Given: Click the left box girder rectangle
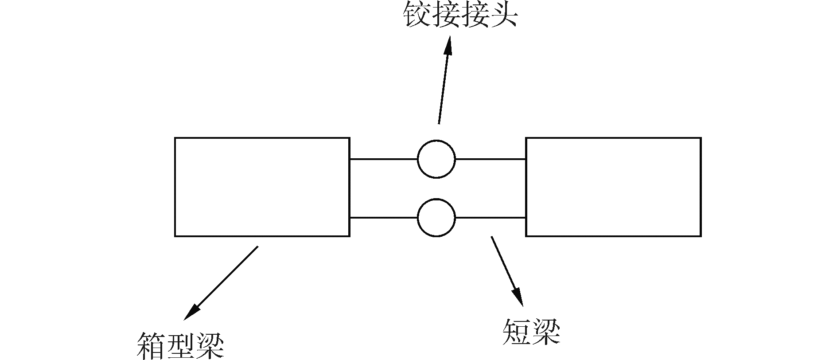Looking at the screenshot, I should point(262,187).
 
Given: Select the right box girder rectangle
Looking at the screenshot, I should point(613,187).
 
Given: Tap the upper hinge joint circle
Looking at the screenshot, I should point(436,159).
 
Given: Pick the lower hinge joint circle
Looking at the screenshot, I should point(436,218).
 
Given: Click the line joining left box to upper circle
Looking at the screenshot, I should point(383,159).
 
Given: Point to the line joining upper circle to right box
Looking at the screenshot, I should point(491,159).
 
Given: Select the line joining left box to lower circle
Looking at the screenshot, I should point(383,218).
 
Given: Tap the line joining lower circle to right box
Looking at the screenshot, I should point(491,218).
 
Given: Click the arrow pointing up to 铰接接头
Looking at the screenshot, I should point(444,82).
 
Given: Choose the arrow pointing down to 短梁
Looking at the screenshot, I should point(506,270).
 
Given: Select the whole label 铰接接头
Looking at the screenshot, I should point(460,16).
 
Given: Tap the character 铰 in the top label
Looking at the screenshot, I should point(417,16).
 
